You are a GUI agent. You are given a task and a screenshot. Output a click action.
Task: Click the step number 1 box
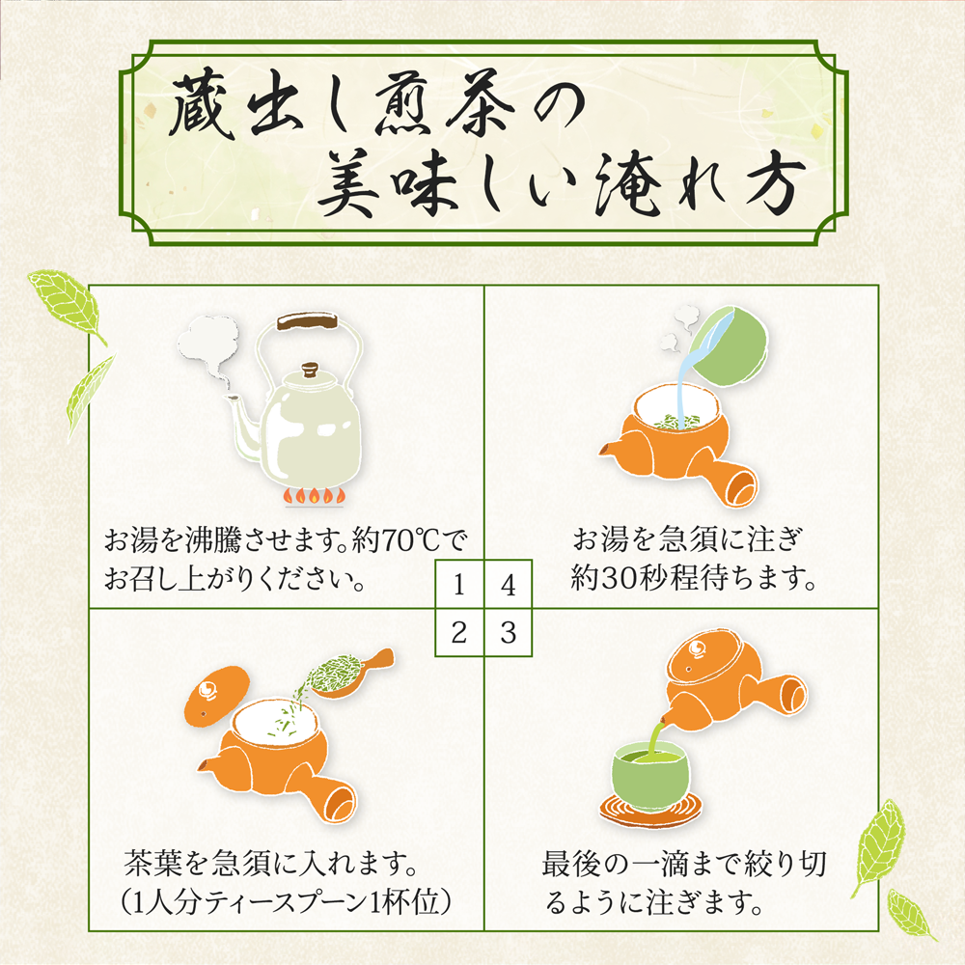coord(459,584)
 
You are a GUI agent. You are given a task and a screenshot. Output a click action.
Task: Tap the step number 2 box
coord(459,633)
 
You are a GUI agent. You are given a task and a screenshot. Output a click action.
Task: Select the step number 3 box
coord(508,633)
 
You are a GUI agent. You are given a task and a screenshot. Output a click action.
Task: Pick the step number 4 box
coord(508,584)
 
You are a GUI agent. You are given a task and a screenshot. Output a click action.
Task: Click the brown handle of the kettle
coord(307,321)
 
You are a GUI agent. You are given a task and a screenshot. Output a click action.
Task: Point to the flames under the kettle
coord(314,496)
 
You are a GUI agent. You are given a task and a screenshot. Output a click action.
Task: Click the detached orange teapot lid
coord(217,696)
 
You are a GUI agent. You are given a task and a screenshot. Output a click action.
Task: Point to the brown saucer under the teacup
coord(650,809)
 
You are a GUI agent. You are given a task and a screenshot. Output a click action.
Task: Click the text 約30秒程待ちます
coord(693,578)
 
